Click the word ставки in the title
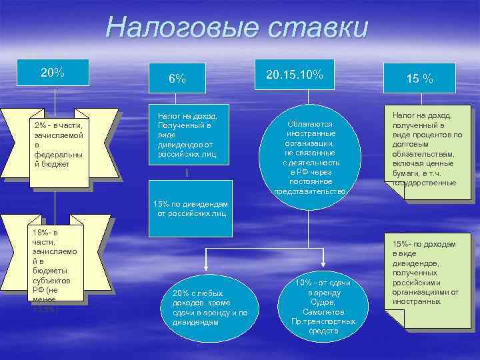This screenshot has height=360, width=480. [318, 28]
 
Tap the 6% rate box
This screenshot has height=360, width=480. [177, 79]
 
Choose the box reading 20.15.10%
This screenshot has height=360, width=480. [294, 75]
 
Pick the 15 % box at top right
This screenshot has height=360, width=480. [419, 79]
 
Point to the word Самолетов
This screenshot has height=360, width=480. [323, 311]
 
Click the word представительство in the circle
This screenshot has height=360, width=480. [311, 191]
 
